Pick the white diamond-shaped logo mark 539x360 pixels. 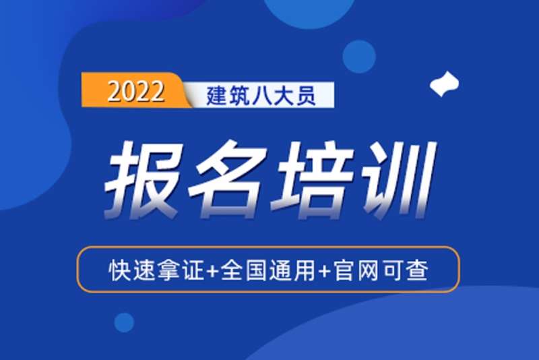445,84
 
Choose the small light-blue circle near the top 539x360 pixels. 358,56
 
